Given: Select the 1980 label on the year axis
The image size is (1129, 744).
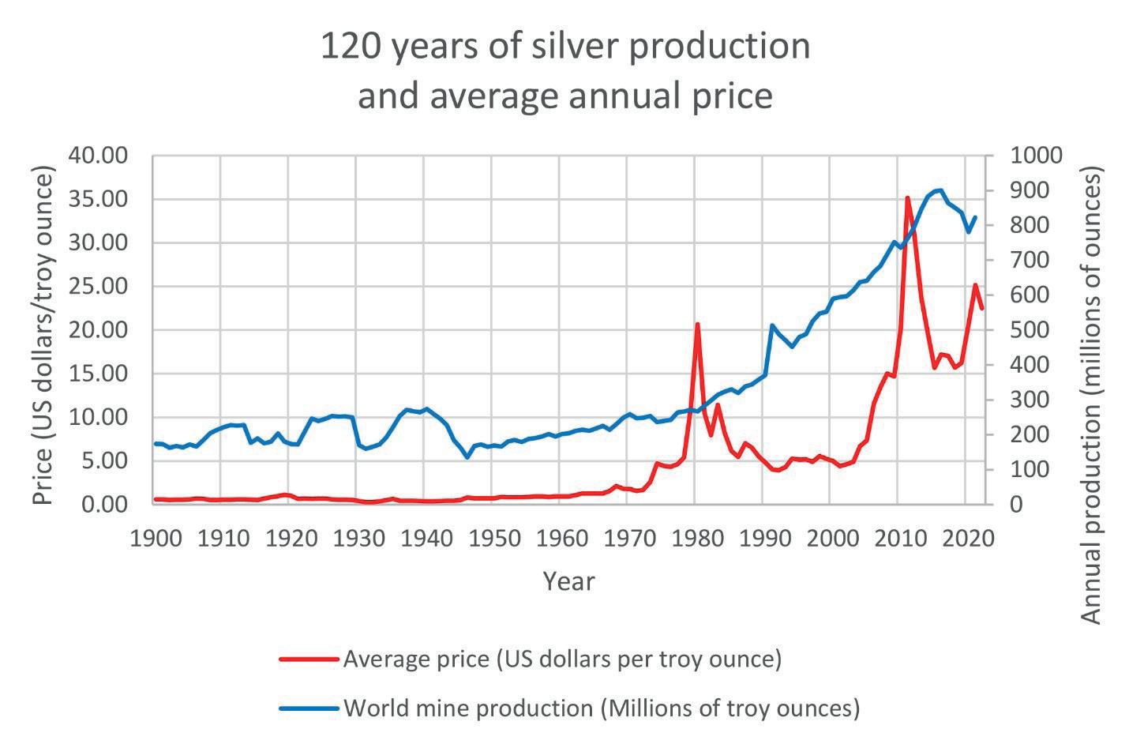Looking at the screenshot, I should (696, 538).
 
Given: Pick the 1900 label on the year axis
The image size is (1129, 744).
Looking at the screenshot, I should (153, 538).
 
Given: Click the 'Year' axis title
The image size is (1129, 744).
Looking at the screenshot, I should (568, 581).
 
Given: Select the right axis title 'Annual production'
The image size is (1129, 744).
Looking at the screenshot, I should (1091, 395).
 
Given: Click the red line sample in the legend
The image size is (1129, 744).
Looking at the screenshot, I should (309, 659).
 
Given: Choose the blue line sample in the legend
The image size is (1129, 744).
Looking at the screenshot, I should (309, 708).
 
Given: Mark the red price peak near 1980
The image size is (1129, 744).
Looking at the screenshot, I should (697, 324).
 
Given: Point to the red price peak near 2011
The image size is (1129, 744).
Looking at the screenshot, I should (907, 198).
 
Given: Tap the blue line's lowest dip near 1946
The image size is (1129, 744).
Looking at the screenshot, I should (467, 457).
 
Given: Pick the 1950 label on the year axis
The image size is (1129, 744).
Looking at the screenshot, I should (492, 538).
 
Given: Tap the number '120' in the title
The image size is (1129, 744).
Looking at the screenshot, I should (349, 46).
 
